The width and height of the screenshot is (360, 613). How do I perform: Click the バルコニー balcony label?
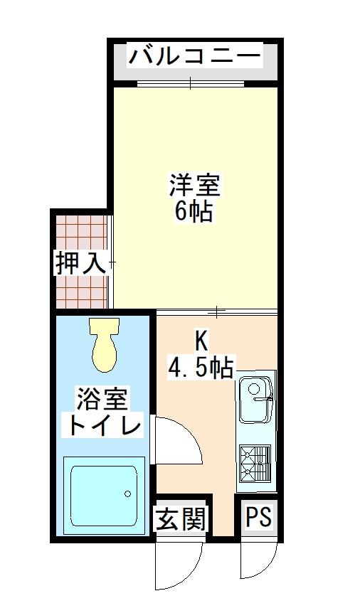click(194, 55)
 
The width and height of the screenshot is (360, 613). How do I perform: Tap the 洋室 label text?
click(195, 186)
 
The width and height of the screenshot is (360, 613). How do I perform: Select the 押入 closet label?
click(82, 264)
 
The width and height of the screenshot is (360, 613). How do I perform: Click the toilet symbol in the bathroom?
click(105, 345)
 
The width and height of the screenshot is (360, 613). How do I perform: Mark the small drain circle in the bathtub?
click(127, 493)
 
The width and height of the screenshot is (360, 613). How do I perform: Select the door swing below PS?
click(258, 562)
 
